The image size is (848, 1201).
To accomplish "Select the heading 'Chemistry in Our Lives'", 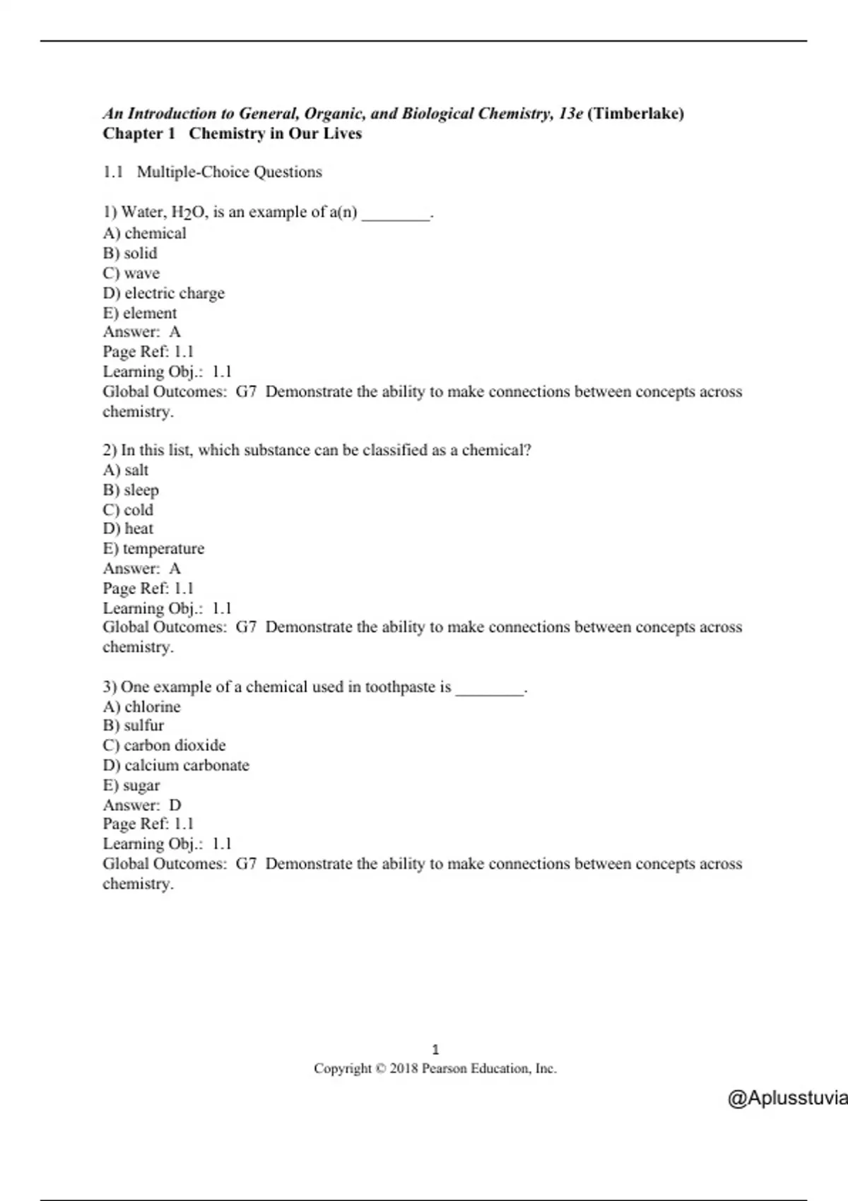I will [x=275, y=134].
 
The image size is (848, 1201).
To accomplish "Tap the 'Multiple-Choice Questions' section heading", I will [x=229, y=172].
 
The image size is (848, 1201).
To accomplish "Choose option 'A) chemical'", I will [x=144, y=233].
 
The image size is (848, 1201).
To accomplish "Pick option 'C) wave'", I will [x=131, y=273].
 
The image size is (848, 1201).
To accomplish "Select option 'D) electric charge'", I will [x=163, y=292].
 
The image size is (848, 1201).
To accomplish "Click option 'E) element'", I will [x=139, y=312].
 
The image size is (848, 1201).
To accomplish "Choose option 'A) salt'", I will [x=125, y=470].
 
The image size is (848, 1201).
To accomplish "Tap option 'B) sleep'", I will [x=130, y=490].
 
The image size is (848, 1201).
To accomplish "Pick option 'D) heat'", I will [x=127, y=528].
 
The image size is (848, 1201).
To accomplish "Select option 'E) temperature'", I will [x=153, y=548].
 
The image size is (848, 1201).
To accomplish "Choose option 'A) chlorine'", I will [x=141, y=706].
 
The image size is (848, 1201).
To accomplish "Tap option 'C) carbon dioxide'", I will [x=164, y=745].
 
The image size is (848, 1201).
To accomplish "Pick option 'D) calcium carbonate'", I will [x=175, y=765].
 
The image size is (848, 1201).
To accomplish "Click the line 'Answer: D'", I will [x=141, y=805].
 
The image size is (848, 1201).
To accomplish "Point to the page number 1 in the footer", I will [x=435, y=1050].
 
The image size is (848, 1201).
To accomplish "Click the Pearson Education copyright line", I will [x=435, y=1069].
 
